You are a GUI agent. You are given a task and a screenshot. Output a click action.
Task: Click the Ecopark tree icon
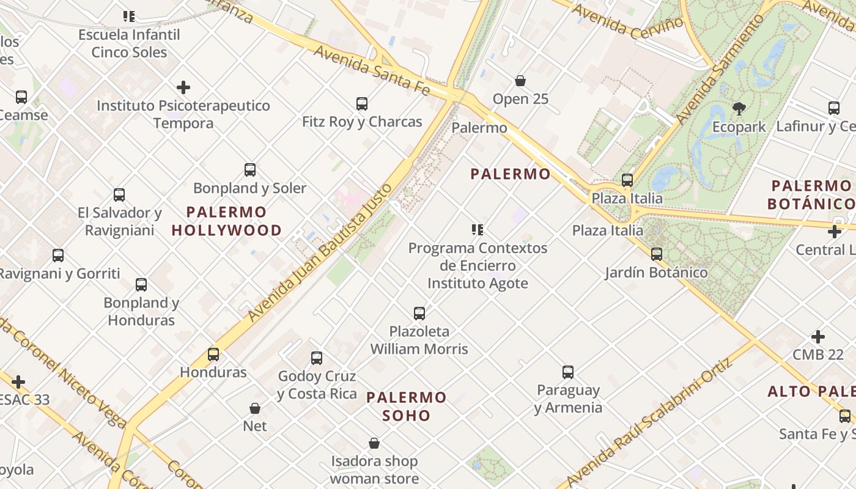739,109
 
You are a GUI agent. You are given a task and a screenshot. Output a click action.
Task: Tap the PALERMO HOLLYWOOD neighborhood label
227,221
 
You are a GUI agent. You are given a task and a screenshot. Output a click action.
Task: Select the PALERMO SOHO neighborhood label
407,406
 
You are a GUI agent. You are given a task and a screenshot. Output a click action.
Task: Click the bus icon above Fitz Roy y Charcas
362,104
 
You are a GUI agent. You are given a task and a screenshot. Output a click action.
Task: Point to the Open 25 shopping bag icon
520,81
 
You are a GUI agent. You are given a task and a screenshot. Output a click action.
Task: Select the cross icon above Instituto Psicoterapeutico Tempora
183,87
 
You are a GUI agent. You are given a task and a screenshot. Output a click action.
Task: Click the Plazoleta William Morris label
419,340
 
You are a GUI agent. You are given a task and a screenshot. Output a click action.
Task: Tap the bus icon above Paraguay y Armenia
568,372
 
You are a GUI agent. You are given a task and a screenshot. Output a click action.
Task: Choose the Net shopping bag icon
255,408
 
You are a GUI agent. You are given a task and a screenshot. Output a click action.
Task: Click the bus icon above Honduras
213,354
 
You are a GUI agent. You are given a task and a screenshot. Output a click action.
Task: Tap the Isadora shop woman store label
374,469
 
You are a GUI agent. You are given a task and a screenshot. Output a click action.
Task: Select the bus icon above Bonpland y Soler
250,170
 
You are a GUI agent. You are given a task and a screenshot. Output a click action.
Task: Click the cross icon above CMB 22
818,337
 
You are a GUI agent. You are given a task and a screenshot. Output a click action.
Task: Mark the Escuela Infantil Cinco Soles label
129,43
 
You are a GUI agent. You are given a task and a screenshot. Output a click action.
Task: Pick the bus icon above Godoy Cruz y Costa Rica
317,358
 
